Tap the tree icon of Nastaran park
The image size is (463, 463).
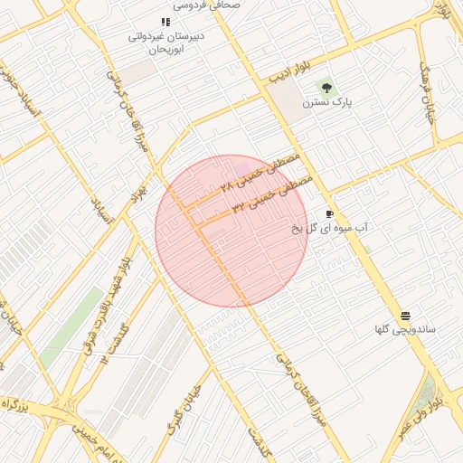coord(326,88)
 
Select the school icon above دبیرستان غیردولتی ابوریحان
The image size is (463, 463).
coord(165,22)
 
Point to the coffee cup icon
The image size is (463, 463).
coord(329,214)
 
